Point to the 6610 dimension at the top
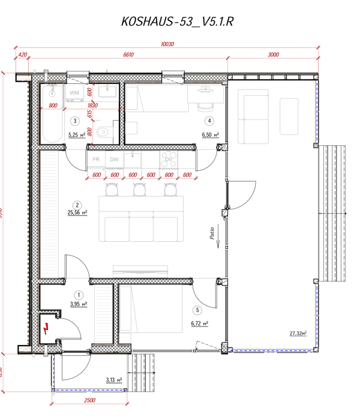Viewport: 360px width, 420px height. (128, 55)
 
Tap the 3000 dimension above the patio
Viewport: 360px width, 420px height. (273, 55)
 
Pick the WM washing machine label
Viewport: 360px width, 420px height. (75, 93)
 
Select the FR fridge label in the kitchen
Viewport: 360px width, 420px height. (96, 160)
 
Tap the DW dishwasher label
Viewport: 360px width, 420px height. (114, 160)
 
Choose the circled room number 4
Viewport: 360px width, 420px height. (210, 120)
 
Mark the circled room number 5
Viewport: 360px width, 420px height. (198, 310)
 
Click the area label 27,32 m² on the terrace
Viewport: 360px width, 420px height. (297, 334)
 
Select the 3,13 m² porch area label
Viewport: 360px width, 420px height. (113, 380)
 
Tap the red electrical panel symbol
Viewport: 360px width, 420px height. (47, 328)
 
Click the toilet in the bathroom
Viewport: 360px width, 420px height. (104, 130)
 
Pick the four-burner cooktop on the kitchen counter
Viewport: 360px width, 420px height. (169, 160)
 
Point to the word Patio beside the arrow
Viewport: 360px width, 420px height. (212, 232)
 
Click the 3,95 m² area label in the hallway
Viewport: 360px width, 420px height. (78, 304)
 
